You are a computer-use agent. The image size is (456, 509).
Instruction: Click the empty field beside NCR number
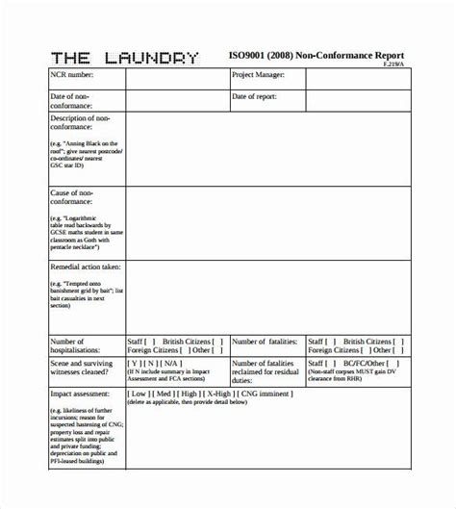[x=176, y=78]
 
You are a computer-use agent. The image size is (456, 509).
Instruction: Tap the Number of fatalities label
[x=266, y=341]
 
